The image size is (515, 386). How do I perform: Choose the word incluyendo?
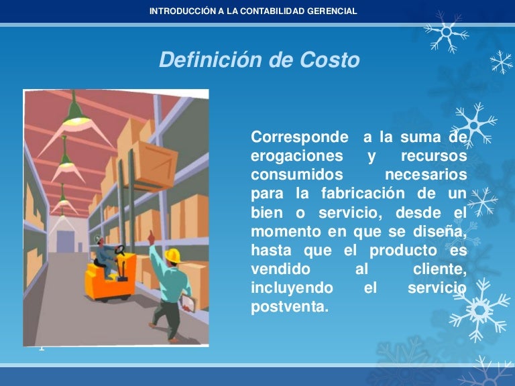coord(292,288)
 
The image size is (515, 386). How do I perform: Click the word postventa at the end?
coord(290,308)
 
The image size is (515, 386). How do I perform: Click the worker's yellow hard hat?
coord(174,255)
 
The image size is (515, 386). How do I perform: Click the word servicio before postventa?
coord(437,288)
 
